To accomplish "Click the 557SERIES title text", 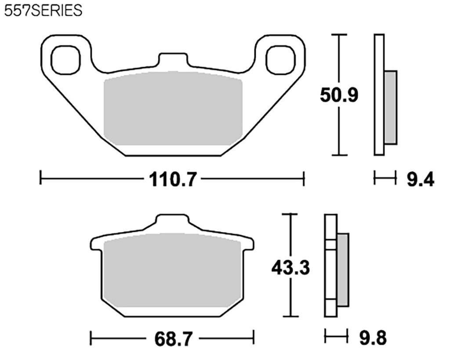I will pyautogui.click(x=43, y=11).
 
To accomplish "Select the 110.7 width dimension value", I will pyautogui.click(x=172, y=179).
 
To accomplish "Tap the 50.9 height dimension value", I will pyautogui.click(x=339, y=95).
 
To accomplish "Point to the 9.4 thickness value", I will pyautogui.click(x=420, y=179).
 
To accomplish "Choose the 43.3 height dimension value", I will pyautogui.click(x=290, y=267).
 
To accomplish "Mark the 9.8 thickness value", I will pyautogui.click(x=373, y=338).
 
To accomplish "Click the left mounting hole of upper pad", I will pyautogui.click(x=66, y=59).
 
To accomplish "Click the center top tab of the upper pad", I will pyautogui.click(x=173, y=60).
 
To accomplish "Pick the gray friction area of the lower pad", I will pyautogui.click(x=172, y=270).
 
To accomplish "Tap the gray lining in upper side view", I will pyautogui.click(x=390, y=107).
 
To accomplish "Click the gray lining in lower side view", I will pyautogui.click(x=343, y=270).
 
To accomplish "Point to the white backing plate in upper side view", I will pyautogui.click(x=379, y=94).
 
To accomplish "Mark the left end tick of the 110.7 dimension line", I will pyautogui.click(x=40, y=179).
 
